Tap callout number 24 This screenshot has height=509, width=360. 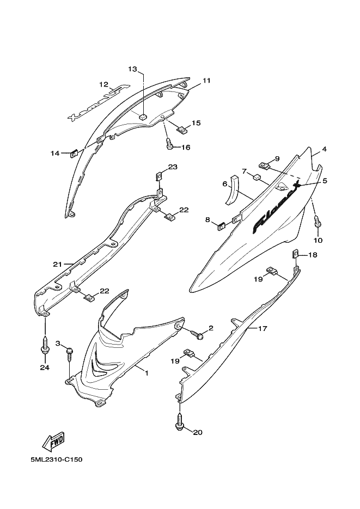click(x=45, y=367)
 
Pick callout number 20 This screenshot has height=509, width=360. click(x=198, y=432)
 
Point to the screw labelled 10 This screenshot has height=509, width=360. click(x=317, y=221)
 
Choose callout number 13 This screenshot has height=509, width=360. click(x=132, y=69)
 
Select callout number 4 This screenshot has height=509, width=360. click(x=324, y=149)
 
